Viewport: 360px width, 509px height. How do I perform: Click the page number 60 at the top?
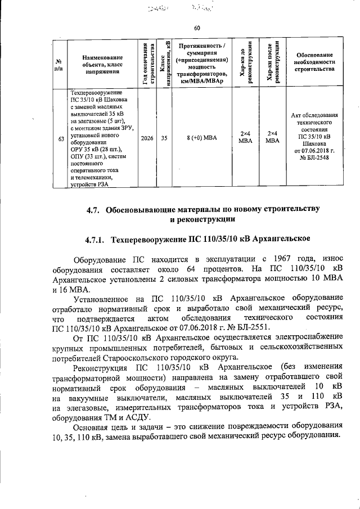pos(197,28)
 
